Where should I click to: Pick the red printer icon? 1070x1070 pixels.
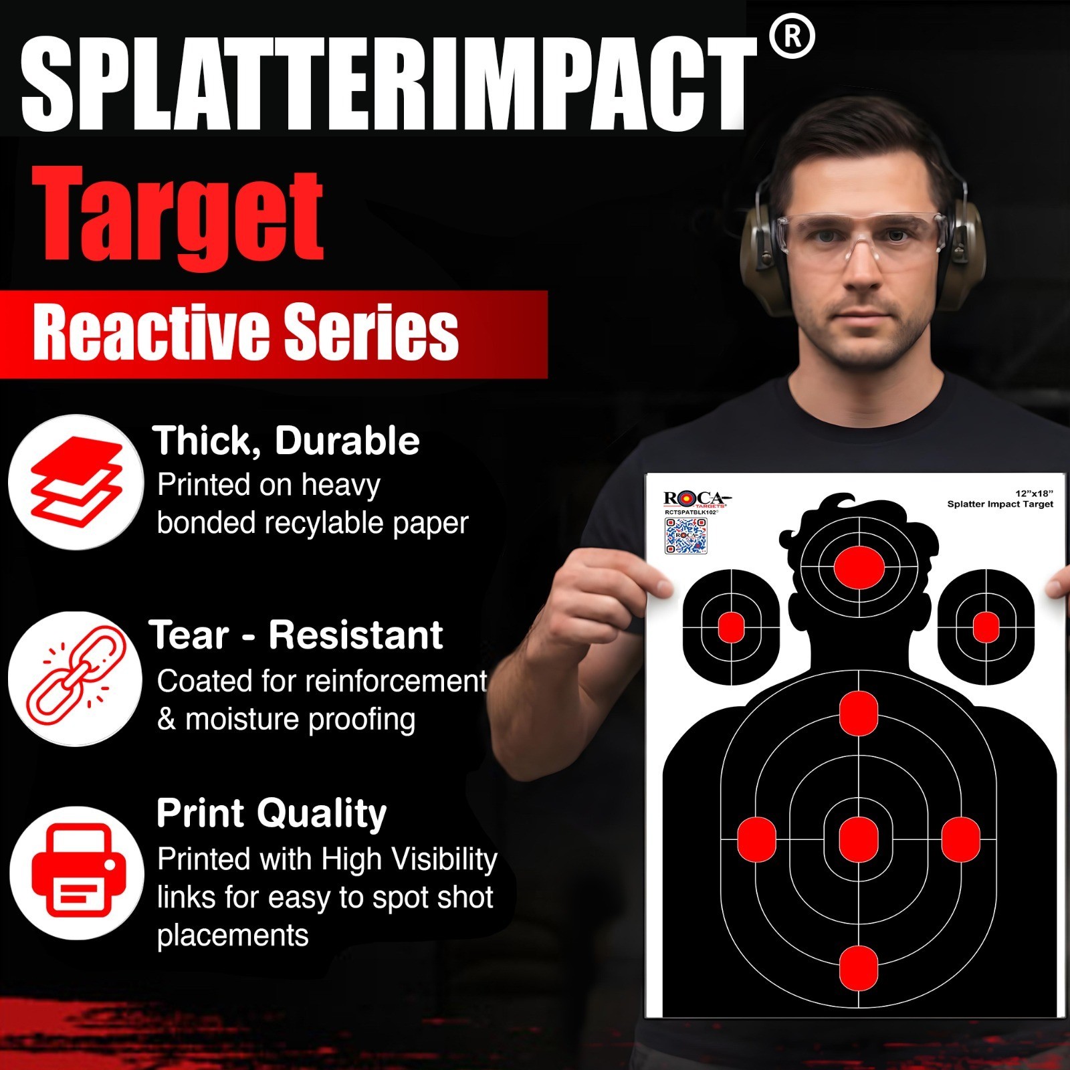[78, 872]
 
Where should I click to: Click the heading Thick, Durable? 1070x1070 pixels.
[286, 441]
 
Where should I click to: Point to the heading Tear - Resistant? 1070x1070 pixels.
[296, 635]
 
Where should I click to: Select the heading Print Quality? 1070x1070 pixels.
[272, 814]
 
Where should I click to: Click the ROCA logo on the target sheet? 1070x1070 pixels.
[695, 499]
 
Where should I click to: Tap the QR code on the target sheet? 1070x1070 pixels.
[685, 536]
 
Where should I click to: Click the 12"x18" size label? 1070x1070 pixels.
[1034, 494]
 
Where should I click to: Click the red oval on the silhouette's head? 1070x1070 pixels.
[859, 566]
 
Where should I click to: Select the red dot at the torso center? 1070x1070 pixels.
[858, 839]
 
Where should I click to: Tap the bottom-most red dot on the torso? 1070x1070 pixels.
[858, 967]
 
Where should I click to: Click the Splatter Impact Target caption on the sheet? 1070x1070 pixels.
[1000, 504]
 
